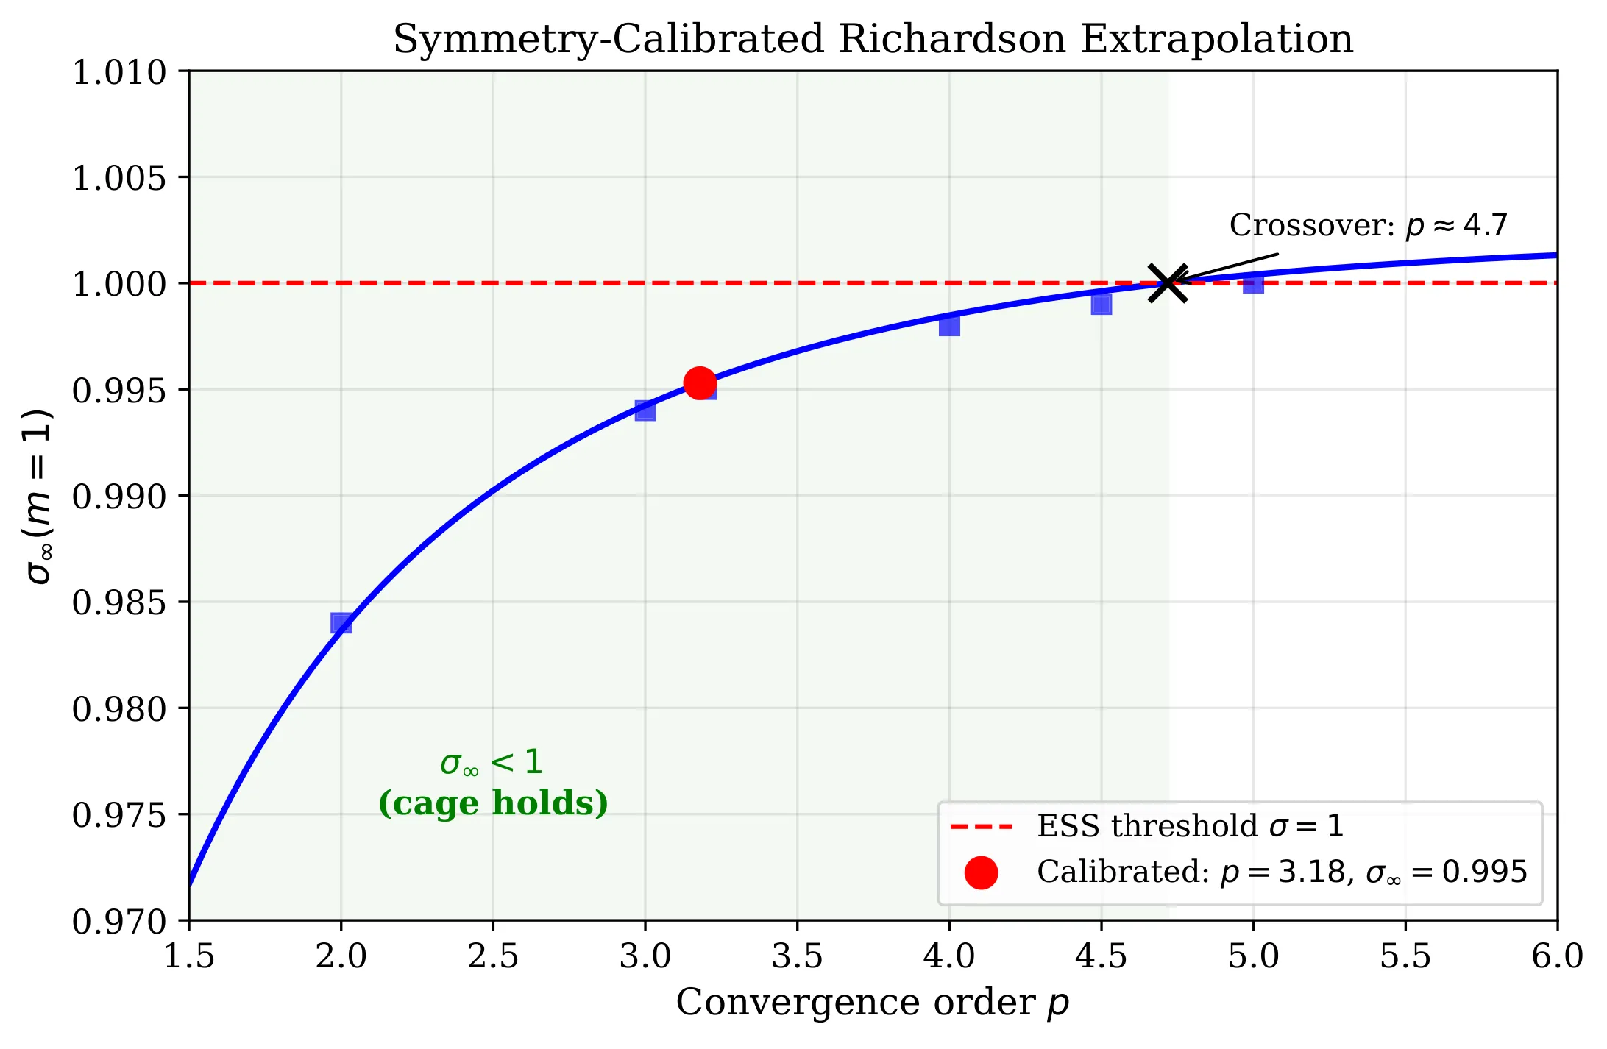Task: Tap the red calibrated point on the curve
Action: pyautogui.click(x=699, y=383)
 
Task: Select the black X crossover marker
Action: pyautogui.click(x=1168, y=283)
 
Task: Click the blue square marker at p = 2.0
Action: pyautogui.click(x=341, y=623)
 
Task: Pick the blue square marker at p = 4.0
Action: pyautogui.click(x=949, y=325)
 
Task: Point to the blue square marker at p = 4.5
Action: pyautogui.click(x=1101, y=304)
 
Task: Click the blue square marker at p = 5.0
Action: pyautogui.click(x=1253, y=283)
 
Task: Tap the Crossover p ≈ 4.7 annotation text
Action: pyautogui.click(x=1368, y=225)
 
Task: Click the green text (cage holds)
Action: pyautogui.click(x=493, y=803)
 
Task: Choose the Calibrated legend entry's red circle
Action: pyautogui.click(x=981, y=872)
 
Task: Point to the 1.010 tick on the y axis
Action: pyautogui.click(x=119, y=73)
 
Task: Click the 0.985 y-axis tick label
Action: pyautogui.click(x=119, y=603)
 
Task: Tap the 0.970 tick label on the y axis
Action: pyautogui.click(x=119, y=921)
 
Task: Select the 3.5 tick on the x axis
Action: pyautogui.click(x=797, y=956)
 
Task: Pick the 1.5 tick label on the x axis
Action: pyautogui.click(x=189, y=956)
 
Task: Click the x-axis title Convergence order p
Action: pyautogui.click(x=873, y=1003)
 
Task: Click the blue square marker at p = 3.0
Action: pyautogui.click(x=645, y=410)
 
